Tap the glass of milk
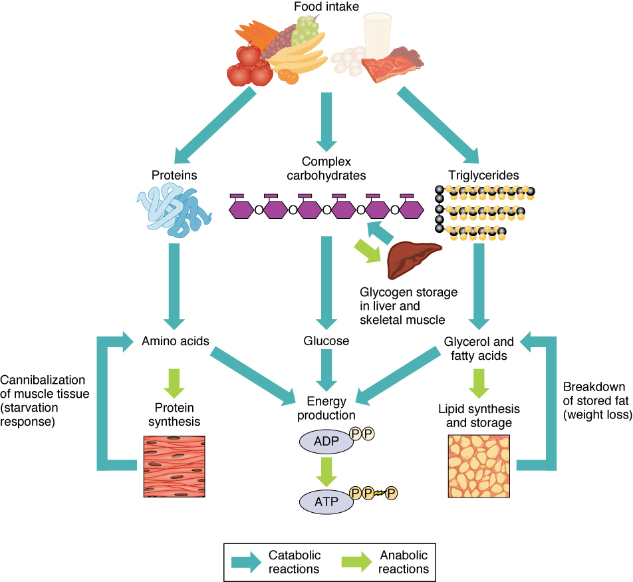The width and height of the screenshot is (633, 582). (x=377, y=37)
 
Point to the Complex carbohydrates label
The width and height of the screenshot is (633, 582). (x=326, y=168)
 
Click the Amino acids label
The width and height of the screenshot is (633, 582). (x=176, y=341)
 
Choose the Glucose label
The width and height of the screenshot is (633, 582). (x=326, y=341)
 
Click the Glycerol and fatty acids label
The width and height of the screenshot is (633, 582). (x=479, y=349)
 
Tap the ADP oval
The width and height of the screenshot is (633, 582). (x=326, y=441)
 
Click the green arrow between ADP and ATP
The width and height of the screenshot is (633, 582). (x=326, y=470)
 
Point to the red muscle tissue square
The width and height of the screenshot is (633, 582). (x=174, y=466)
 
